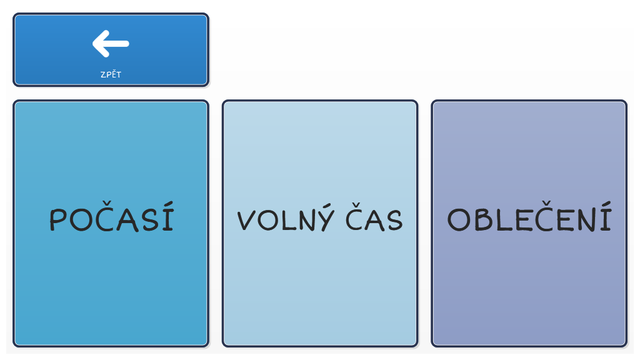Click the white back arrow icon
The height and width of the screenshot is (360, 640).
coord(111,43)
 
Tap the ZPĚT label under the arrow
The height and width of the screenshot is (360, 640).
coord(111,74)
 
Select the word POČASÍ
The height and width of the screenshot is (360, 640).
coord(111,217)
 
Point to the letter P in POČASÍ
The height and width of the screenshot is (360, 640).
coord(58,219)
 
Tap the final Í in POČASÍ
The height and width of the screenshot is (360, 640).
coord(167,217)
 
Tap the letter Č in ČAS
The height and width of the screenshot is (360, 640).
coord(355,217)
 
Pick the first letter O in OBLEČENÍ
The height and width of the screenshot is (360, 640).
coord(459,220)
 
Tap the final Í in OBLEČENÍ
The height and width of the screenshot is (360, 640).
coord(607,216)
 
